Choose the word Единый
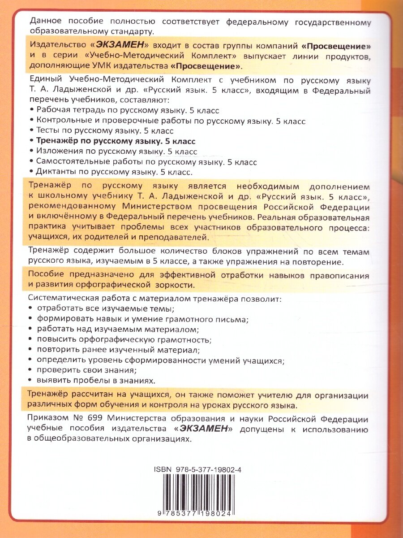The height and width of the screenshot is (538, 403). tap(42, 80)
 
